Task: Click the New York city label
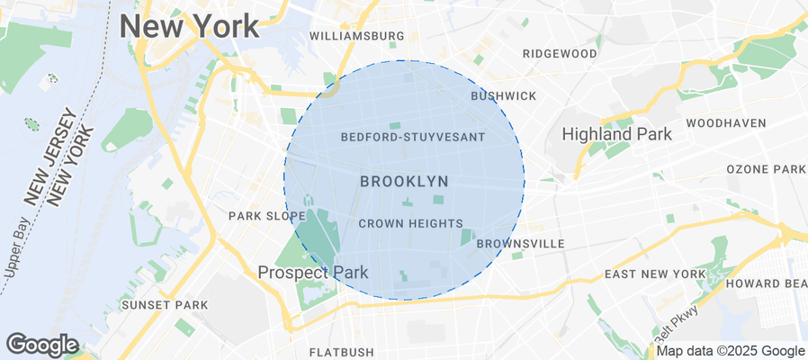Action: [189, 26]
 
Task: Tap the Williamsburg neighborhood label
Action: [356, 36]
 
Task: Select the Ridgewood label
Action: [560, 54]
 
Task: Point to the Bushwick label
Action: [503, 95]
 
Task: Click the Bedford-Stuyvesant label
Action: [413, 138]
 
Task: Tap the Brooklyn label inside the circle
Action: [404, 182]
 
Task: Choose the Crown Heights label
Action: [410, 224]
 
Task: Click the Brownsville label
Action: [520, 244]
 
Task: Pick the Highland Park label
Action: [616, 135]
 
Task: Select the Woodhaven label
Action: [725, 122]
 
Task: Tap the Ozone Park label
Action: [766, 169]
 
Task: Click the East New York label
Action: [655, 274]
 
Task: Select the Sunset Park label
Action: [165, 305]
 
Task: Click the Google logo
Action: [41, 345]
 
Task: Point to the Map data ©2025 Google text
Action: [731, 351]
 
